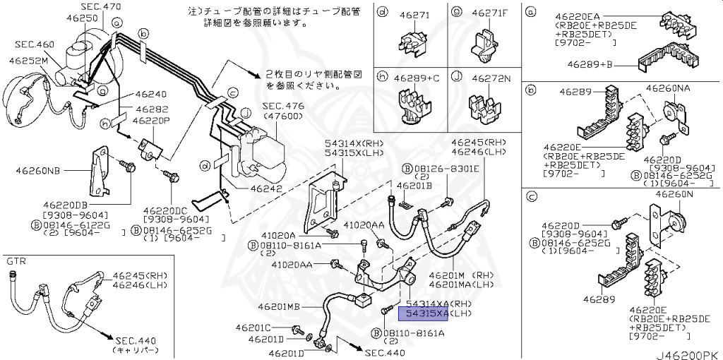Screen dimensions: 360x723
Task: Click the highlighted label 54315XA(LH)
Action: pyautogui.click(x=423, y=313)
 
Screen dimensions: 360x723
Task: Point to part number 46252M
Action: pyautogui.click(x=28, y=61)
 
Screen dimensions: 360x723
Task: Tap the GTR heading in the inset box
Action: pyautogui.click(x=16, y=261)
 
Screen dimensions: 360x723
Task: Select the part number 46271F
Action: pyautogui.click(x=486, y=12)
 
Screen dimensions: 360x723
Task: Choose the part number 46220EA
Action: pyautogui.click(x=569, y=15)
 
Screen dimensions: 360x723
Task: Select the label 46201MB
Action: pyautogui.click(x=279, y=307)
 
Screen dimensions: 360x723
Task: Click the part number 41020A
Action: pyautogui.click(x=277, y=235)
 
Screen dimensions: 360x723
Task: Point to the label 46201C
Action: pyautogui.click(x=253, y=328)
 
